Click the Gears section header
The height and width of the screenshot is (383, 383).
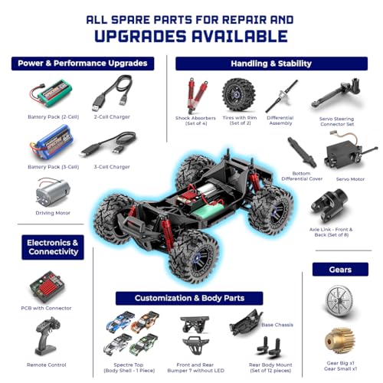[340, 270]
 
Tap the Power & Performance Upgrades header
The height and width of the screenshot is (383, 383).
[83, 63]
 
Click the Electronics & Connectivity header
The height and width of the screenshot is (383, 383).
[53, 247]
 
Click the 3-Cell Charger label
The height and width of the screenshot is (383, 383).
[111, 166]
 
